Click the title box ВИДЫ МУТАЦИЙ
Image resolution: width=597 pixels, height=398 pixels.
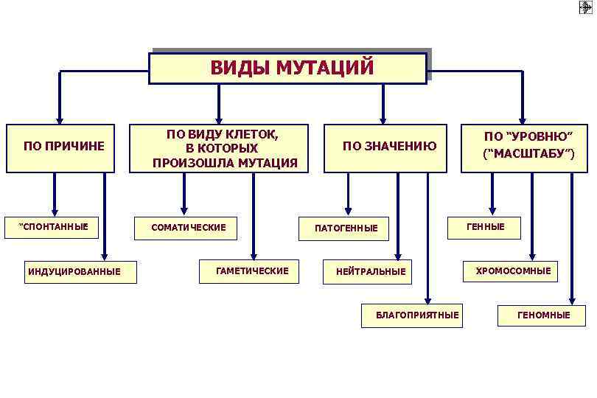(x=287, y=69)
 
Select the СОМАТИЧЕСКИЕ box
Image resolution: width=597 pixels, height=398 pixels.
(x=189, y=227)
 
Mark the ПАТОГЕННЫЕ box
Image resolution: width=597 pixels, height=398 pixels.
(x=346, y=228)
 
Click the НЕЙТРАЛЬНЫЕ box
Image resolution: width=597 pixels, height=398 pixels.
(x=371, y=272)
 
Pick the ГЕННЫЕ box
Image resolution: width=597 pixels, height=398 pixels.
(x=486, y=227)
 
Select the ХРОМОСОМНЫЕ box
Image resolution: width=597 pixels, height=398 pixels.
(x=512, y=271)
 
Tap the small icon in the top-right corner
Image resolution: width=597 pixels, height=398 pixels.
(x=586, y=8)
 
